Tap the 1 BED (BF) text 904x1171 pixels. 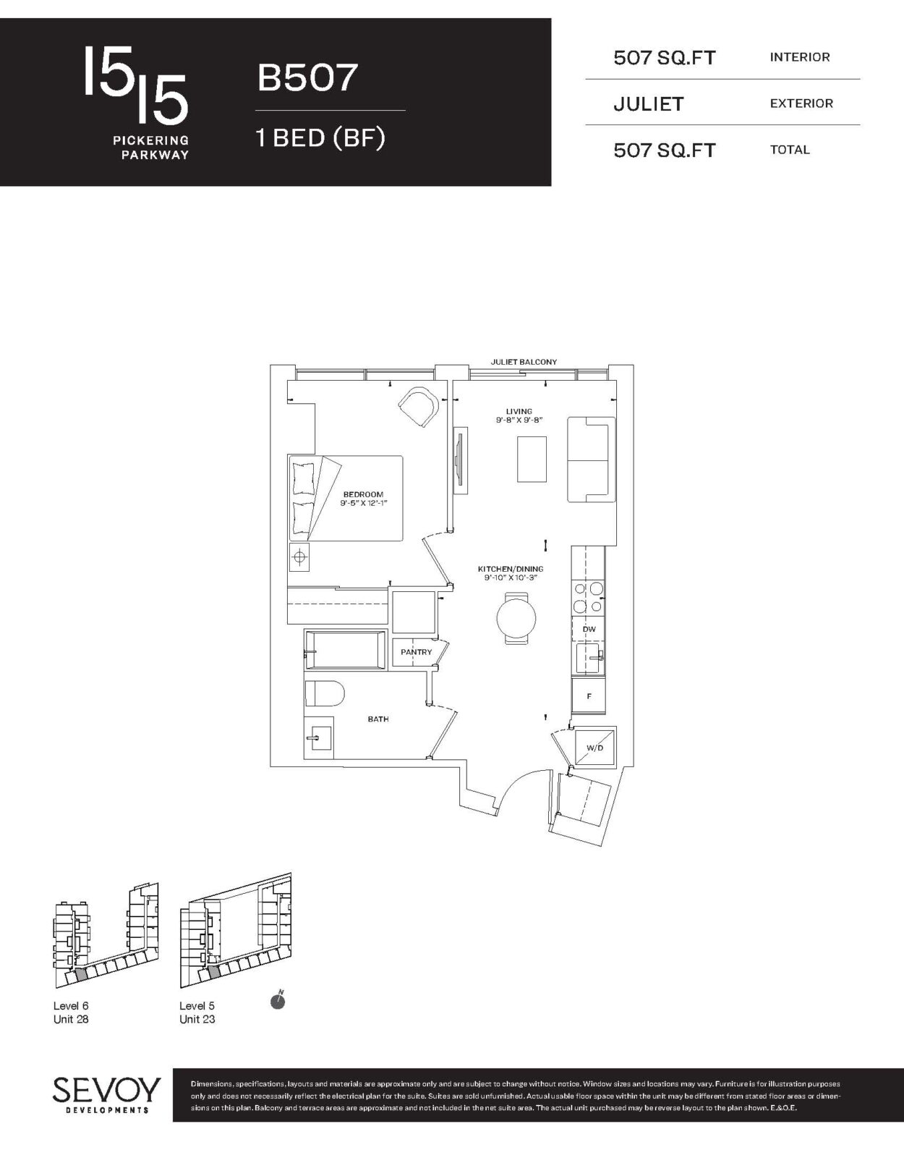point(320,138)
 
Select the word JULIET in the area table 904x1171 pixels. point(648,103)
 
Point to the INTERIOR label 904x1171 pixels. point(800,57)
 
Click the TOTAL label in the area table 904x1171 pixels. point(789,150)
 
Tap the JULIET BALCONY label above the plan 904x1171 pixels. point(524,362)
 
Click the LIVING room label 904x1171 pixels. point(519,411)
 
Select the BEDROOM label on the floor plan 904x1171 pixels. point(364,494)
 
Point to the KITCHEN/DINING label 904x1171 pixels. point(511,569)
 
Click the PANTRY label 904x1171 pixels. point(416,652)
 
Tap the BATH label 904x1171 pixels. point(378,719)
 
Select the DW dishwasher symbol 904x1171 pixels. point(589,629)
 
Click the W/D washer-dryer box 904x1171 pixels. point(595,748)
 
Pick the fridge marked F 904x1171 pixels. point(589,696)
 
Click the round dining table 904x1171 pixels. point(517,617)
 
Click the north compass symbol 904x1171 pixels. point(277,1001)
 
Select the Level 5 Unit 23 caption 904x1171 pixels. point(197,1013)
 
